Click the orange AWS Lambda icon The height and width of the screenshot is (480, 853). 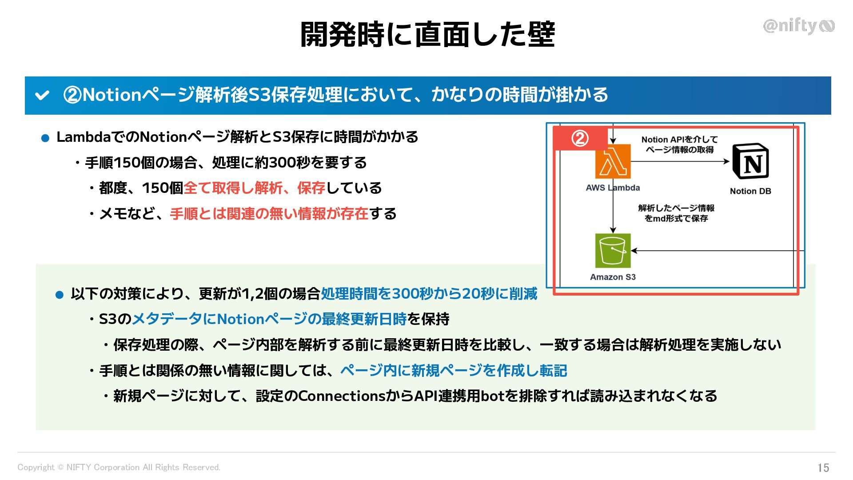tap(613, 161)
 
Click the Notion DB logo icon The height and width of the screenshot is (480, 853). tap(750, 161)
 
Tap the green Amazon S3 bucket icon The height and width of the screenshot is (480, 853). tap(613, 250)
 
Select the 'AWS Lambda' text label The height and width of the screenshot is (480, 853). tap(613, 188)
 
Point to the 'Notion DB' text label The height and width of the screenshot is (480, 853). tap(750, 191)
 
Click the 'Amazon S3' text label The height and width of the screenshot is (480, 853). tap(613, 277)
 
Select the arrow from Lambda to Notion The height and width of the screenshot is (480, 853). tap(680, 161)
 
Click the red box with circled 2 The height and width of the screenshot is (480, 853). tap(580, 138)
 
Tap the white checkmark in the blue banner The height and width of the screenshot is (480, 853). tap(42, 95)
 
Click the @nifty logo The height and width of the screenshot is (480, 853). tap(798, 26)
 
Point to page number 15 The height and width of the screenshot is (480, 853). tap(823, 468)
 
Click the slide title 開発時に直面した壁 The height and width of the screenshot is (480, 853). tap(427, 34)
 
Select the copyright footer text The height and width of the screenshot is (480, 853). tap(119, 467)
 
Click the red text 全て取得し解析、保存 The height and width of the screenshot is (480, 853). tap(255, 188)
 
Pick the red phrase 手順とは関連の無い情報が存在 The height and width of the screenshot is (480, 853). tap(269, 214)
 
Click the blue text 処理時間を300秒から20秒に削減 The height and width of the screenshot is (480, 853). tap(429, 294)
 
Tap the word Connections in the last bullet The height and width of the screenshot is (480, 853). tap(342, 396)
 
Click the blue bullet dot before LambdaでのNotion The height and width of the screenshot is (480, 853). tap(45, 139)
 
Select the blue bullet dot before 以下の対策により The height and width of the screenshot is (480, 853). tap(60, 295)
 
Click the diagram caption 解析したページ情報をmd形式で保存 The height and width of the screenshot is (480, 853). tap(676, 213)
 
